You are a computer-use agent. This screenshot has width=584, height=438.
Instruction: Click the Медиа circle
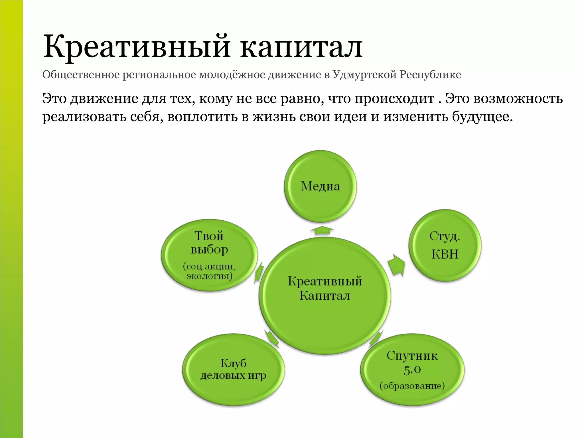coord(320,186)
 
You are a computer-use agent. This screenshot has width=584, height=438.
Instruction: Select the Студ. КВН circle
coord(445,245)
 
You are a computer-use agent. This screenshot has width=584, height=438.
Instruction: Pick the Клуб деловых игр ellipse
coord(233,370)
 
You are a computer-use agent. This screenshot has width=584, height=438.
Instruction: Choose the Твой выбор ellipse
coord(209,255)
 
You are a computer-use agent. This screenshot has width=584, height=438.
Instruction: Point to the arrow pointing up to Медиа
coord(322,230)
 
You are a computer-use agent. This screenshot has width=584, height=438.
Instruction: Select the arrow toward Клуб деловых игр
coord(271,338)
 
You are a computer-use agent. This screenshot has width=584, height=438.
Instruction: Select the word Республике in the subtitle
coord(430,75)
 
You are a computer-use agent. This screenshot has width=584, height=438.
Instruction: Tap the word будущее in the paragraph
coord(482,117)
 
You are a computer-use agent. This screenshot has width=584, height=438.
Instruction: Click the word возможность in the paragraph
coord(518,99)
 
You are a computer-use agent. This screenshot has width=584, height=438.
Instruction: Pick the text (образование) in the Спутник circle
coord(412,386)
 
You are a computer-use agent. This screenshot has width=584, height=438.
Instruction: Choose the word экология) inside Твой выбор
coord(209,276)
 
